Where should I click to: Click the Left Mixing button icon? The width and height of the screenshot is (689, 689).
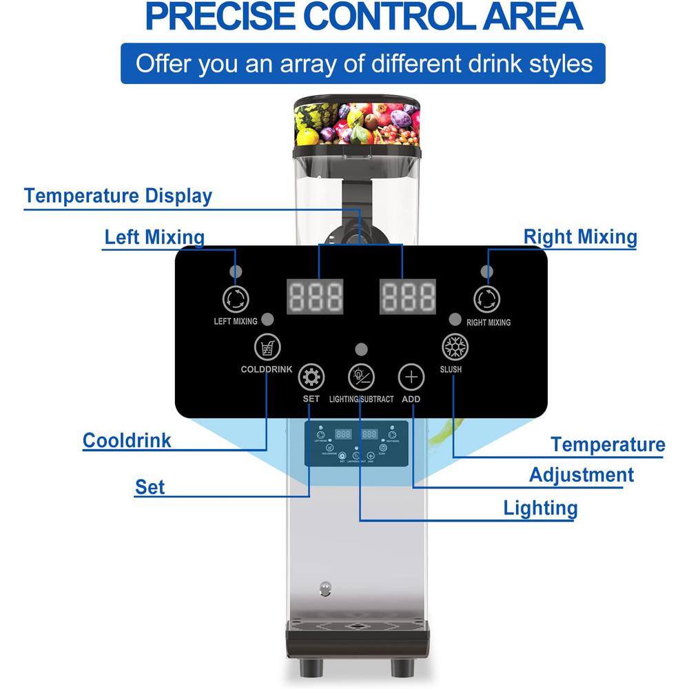[x=236, y=298]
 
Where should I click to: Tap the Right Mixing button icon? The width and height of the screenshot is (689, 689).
[x=486, y=298]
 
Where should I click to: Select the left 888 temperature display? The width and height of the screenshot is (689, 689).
[x=315, y=296]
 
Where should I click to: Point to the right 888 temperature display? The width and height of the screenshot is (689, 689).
[x=409, y=296]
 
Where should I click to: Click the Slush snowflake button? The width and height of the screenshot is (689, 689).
[x=453, y=346]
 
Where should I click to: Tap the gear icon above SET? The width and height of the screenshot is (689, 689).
[x=311, y=377]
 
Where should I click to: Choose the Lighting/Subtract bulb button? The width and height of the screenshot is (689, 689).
[x=360, y=376]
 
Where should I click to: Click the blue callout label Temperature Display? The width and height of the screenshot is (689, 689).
[x=118, y=196]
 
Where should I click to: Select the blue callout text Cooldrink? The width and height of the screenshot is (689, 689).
[x=127, y=440]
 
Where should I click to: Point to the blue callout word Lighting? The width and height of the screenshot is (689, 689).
[x=540, y=508]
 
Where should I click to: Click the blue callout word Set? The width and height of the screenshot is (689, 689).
[x=150, y=487]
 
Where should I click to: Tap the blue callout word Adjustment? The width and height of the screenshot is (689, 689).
[x=581, y=475]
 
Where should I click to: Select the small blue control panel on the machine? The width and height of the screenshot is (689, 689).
[x=356, y=443]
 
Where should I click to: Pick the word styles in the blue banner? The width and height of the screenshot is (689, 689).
[x=557, y=63]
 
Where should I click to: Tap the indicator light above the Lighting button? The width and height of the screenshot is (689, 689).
[x=360, y=349]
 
